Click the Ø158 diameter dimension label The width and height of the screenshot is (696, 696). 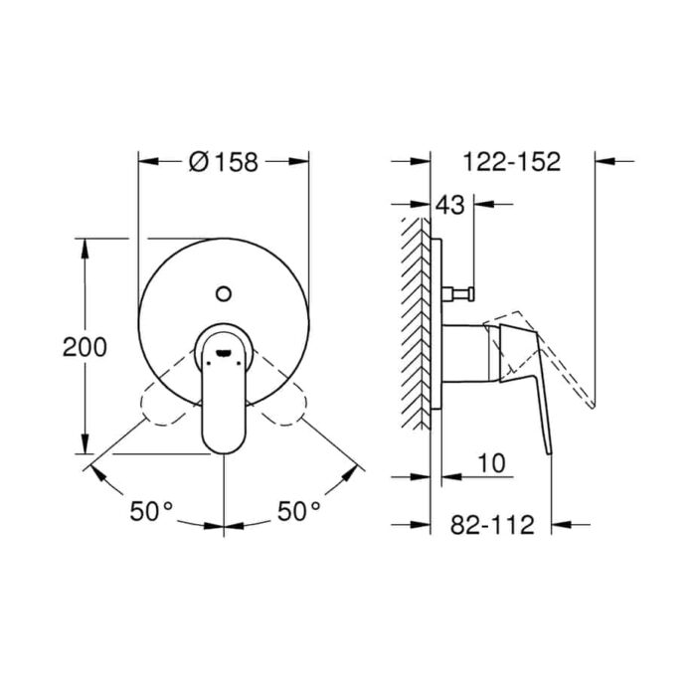coord(224,161)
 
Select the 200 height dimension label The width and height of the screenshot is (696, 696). coord(85,347)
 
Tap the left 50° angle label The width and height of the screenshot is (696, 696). coord(151,511)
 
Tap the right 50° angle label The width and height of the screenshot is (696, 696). coord(298,511)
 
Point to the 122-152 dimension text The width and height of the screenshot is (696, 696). coord(512,161)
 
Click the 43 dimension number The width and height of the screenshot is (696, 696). coord(449,205)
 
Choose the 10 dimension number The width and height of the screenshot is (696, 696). coord(491,463)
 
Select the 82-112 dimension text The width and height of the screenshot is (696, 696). coord(492,525)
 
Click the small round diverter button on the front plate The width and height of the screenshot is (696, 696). coord(224,293)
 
